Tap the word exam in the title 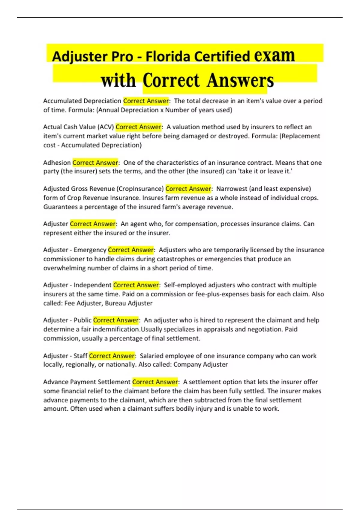[x=274, y=56]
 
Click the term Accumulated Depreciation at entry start [x=82, y=101]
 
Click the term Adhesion [x=57, y=163]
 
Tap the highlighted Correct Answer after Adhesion [x=95, y=163]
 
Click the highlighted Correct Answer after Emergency [x=131, y=250]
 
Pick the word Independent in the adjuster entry [x=92, y=285]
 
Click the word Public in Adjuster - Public [x=82, y=320]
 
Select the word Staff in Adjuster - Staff [x=80, y=356]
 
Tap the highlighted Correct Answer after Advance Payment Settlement [x=155, y=382]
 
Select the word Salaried [x=151, y=356]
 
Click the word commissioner [x=64, y=259]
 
